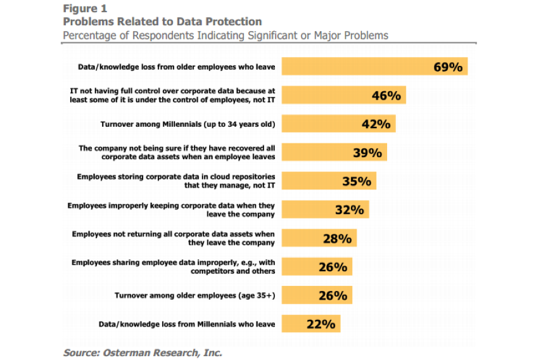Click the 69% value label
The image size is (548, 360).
[x=448, y=67]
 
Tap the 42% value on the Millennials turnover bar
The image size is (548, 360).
[x=375, y=124]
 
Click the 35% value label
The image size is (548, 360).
[x=356, y=181]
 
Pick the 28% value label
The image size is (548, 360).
[x=337, y=238]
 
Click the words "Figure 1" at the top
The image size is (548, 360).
[x=84, y=10]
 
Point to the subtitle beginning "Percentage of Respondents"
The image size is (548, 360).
[x=225, y=35]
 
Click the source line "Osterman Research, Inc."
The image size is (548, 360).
[x=143, y=352]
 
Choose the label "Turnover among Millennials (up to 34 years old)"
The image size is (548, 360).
[x=188, y=124]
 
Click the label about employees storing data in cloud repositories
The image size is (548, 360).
[x=176, y=181]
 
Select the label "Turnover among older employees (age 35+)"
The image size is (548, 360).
[x=194, y=295]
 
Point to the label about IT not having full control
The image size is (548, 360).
[x=172, y=95]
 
